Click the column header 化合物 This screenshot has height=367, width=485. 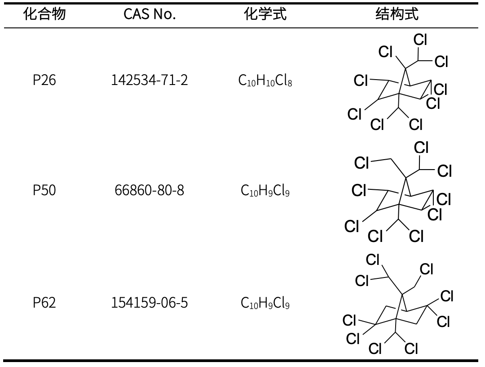click(44, 14)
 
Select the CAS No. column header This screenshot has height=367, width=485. click(150, 14)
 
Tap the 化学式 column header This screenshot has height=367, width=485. click(265, 14)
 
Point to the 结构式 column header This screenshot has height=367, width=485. click(397, 14)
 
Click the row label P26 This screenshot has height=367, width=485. click(44, 81)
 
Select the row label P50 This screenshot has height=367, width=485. click(44, 191)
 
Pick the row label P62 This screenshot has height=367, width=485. click(44, 303)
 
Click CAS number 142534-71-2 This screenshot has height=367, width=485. click(150, 81)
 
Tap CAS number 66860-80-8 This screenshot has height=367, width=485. click(150, 191)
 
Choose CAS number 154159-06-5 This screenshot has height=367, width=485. click(150, 303)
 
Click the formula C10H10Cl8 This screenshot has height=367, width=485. click(265, 81)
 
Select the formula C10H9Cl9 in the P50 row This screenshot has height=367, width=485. click(265, 191)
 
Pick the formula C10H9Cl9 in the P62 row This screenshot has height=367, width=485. click(265, 303)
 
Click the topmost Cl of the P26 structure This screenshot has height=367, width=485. click(420, 40)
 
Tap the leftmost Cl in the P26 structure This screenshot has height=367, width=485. click(354, 115)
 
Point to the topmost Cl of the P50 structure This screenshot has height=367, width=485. click(421, 148)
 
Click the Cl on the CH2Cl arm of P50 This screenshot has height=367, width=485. click(362, 163)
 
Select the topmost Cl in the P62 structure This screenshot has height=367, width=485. click(373, 260)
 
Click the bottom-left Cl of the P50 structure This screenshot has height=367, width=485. click(352, 227)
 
